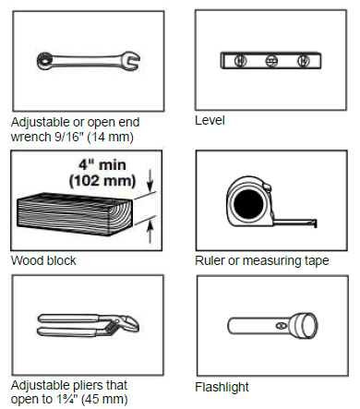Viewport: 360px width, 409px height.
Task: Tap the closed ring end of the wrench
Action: [43, 59]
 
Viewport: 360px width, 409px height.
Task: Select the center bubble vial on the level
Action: [271, 62]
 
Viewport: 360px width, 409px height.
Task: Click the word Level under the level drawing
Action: [210, 120]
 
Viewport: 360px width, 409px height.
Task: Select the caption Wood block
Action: [42, 260]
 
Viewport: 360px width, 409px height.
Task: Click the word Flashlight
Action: [222, 387]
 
